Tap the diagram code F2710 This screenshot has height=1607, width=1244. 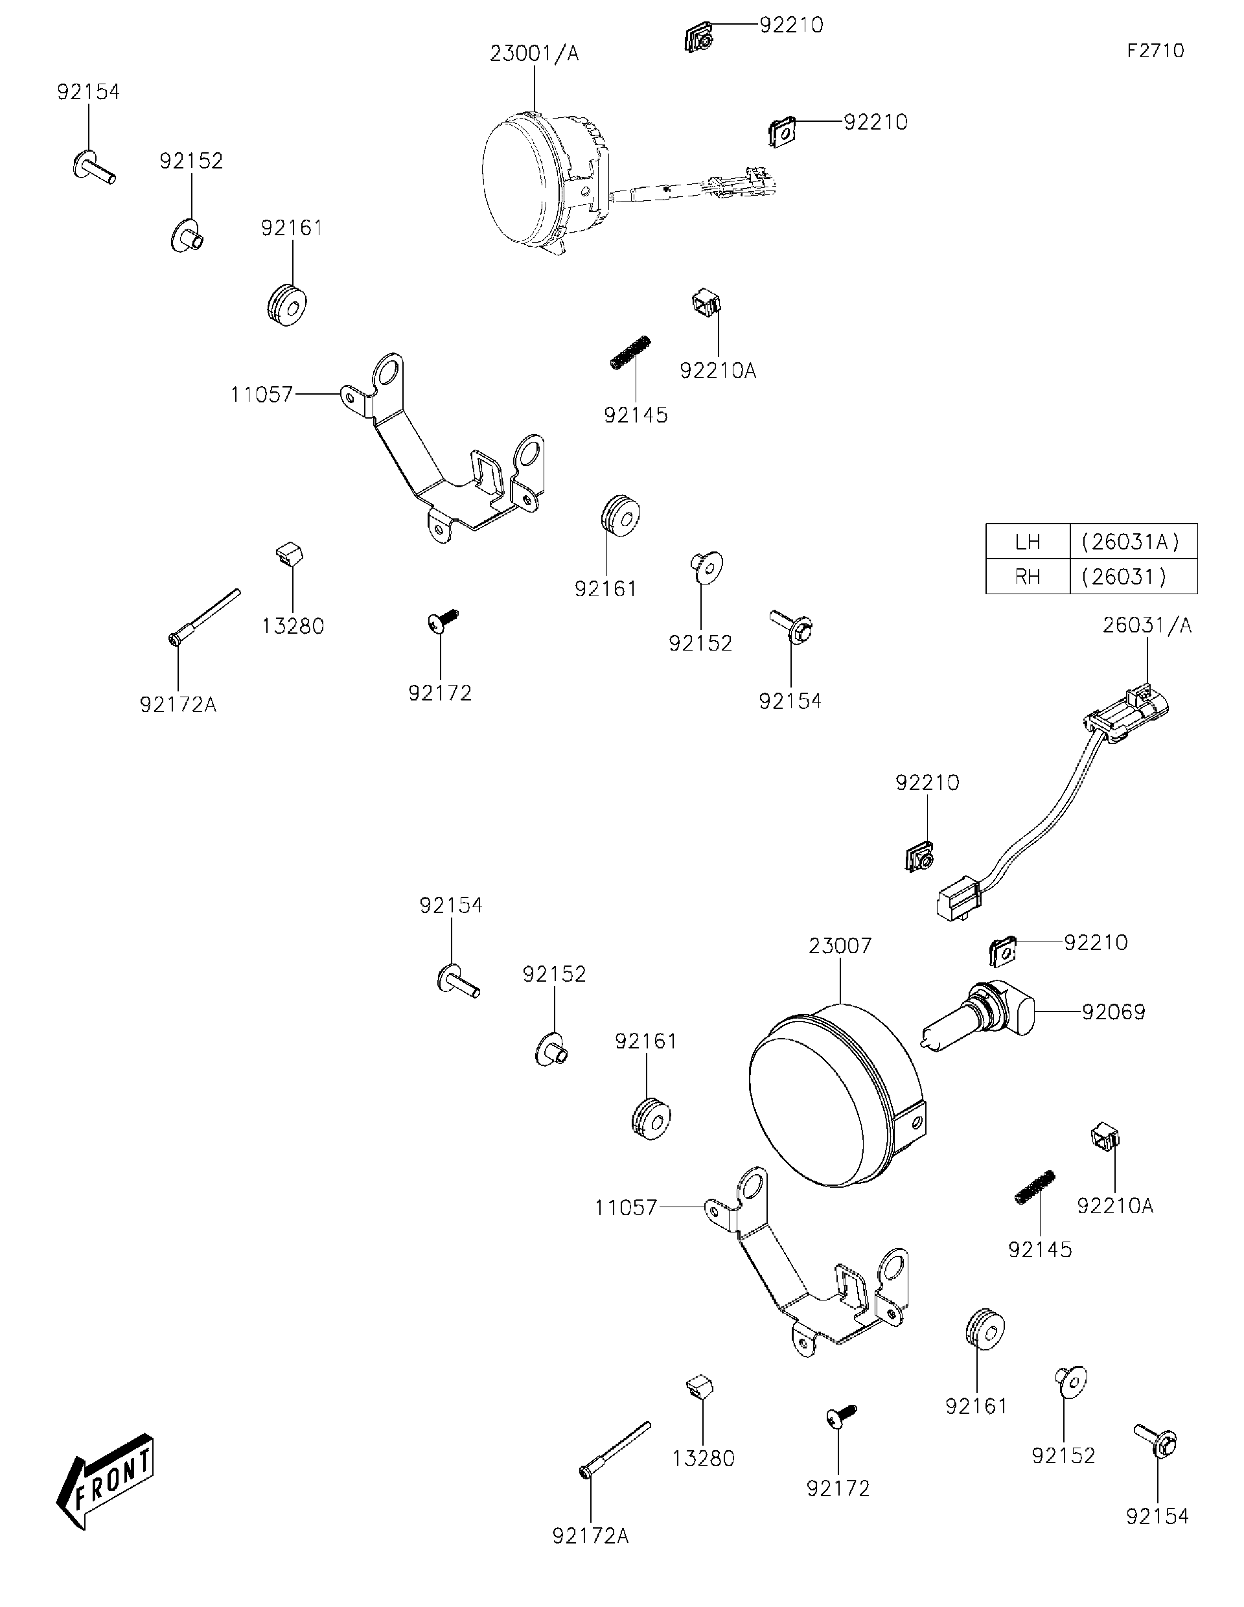[x=1155, y=51]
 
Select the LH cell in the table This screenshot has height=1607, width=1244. [x=1027, y=542]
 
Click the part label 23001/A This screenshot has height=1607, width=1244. [x=534, y=54]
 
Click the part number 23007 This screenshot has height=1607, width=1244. [x=840, y=945]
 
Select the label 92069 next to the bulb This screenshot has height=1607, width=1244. [x=1113, y=1012]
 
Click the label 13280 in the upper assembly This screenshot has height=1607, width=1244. [x=293, y=626]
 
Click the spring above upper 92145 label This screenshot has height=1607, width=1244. [x=631, y=352]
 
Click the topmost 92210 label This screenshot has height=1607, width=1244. [x=791, y=25]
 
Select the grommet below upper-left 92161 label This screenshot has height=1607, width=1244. [x=287, y=303]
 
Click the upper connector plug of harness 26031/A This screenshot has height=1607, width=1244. [x=1128, y=711]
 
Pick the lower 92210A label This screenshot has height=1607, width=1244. [x=1114, y=1206]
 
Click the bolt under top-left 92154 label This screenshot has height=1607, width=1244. [x=93, y=167]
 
